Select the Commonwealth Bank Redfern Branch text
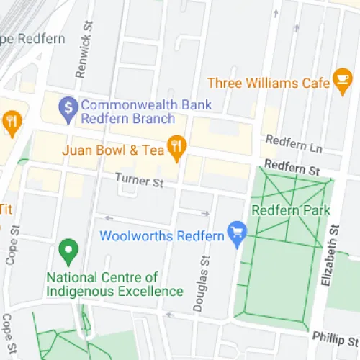point(128,112)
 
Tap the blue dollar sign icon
point(68,107)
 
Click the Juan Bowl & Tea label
point(113,150)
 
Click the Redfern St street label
point(291,169)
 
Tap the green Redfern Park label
point(290,211)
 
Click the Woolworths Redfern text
point(163,235)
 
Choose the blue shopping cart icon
point(237,232)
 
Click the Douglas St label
point(202,284)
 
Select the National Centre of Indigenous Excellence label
point(114,284)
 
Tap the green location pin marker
point(68,251)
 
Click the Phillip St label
point(335,337)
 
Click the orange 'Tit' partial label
point(5,210)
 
